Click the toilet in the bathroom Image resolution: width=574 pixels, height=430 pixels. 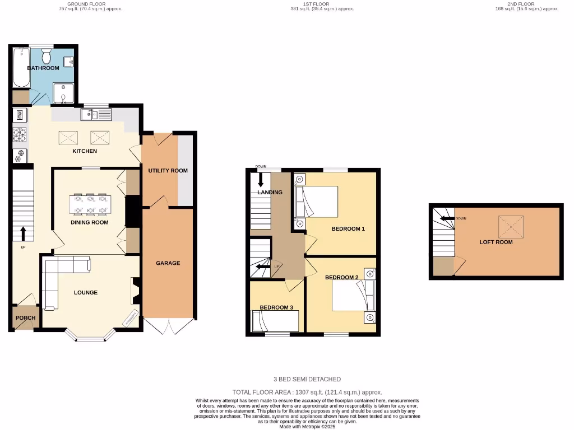point(47,56)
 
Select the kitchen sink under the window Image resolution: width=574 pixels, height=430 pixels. point(96,115)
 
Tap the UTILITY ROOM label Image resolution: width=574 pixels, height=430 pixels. point(168,170)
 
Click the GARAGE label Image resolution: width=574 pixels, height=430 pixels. point(168,263)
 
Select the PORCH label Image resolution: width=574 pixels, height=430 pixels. point(25,317)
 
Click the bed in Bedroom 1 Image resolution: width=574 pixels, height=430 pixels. point(320,202)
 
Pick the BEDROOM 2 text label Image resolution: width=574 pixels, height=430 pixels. point(341,277)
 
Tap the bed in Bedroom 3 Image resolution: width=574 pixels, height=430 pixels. point(276,321)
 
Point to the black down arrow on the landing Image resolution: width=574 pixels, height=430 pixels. point(261,180)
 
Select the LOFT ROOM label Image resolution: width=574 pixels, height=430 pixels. point(496,242)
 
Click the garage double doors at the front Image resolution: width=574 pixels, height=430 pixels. point(169,326)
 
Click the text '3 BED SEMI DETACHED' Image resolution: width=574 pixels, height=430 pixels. point(307,379)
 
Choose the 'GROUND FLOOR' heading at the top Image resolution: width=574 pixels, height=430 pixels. point(90,4)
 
